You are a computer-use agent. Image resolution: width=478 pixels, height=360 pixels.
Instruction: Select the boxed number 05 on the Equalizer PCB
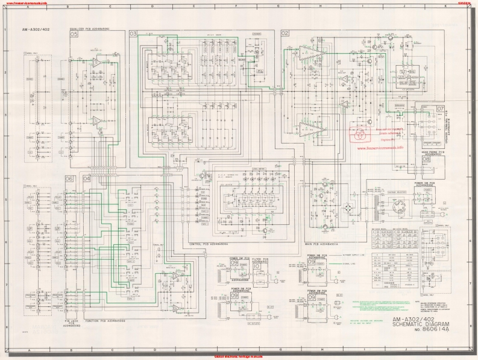tap(74, 35)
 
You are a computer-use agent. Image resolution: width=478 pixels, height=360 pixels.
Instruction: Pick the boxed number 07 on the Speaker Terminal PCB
tap(441, 109)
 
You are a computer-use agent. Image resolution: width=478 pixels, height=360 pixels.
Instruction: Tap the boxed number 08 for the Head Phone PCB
tap(442, 159)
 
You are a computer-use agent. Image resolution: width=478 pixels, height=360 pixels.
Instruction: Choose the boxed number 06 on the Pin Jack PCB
tap(69, 178)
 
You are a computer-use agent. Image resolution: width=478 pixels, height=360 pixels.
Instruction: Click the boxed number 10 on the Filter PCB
tap(257, 266)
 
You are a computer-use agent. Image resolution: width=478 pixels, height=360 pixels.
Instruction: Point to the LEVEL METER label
tap(259, 169)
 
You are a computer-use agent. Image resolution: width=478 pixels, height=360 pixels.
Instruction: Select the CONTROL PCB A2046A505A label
tap(208, 244)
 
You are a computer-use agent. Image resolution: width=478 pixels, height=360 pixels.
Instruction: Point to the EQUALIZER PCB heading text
tap(89, 29)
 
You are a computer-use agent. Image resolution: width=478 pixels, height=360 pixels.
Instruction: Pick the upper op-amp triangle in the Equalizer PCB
tap(96, 62)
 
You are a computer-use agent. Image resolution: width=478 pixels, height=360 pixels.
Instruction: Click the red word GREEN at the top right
tap(464, 2)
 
